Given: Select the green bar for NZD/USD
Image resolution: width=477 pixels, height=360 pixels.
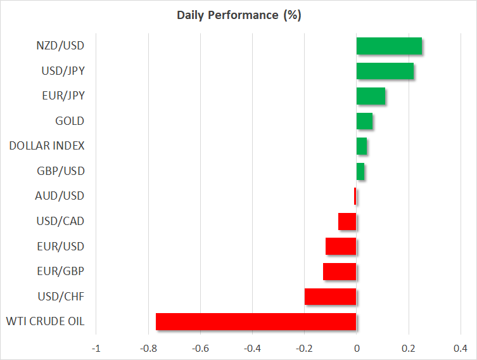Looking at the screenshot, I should click(389, 46).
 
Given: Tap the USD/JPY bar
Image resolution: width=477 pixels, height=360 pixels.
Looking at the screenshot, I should click(385, 71).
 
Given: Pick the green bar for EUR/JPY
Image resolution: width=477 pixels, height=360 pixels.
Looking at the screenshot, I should click(371, 96).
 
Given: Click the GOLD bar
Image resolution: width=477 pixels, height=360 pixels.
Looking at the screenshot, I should click(364, 121).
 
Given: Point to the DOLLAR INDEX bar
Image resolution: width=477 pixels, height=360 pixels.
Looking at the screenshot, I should click(362, 146).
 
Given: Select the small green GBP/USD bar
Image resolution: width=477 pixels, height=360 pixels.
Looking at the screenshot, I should click(360, 171).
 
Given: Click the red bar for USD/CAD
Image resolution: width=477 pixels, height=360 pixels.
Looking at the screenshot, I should click(347, 222).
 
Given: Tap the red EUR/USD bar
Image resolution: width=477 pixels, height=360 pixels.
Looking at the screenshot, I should click(341, 247).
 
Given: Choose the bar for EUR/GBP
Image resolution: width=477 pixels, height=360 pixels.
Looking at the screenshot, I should click(340, 271).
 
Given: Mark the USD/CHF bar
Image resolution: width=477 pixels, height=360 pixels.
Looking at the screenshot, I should click(330, 297).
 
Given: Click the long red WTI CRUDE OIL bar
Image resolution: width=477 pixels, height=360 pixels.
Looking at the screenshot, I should click(256, 322).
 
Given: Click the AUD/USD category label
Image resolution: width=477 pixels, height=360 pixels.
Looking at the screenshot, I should click(60, 196).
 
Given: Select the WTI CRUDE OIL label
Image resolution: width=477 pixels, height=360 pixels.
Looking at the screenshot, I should click(46, 322).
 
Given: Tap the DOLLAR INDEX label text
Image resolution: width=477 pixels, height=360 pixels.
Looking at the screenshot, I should click(47, 146).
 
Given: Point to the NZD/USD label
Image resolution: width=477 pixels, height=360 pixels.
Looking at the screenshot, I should click(60, 46).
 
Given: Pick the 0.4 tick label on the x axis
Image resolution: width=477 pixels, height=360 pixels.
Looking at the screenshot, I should click(461, 348).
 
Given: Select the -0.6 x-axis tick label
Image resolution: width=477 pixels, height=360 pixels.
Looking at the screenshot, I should click(200, 348).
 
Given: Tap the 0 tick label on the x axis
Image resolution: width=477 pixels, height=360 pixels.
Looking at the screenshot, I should click(357, 348).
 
